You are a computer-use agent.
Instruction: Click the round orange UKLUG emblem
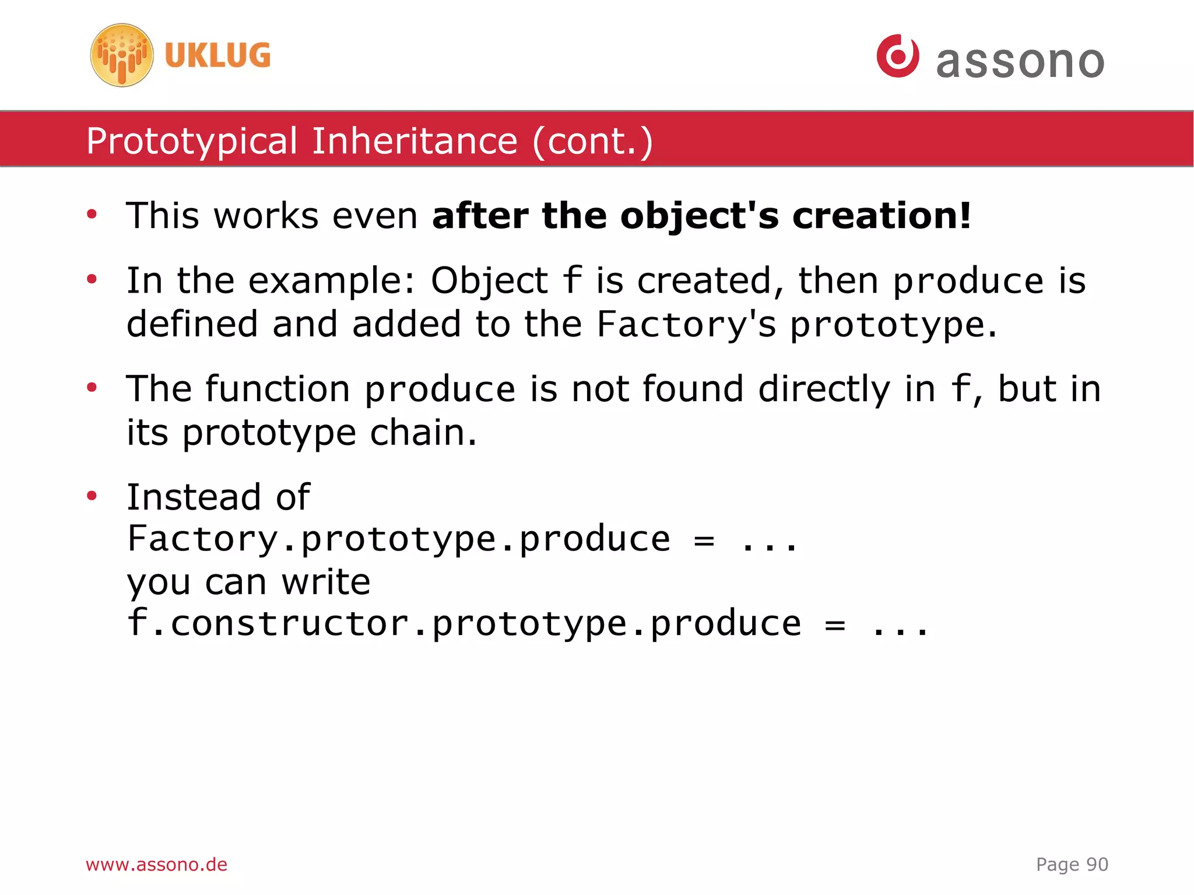[x=122, y=55]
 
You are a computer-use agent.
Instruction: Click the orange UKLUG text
[x=217, y=56]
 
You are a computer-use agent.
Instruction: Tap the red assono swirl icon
[x=898, y=56]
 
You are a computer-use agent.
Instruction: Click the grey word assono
[x=1020, y=62]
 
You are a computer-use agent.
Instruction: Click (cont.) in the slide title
[x=592, y=142]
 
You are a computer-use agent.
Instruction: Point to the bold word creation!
[x=882, y=216]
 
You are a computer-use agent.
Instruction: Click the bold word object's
[x=699, y=216]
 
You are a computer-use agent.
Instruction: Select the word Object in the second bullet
[x=489, y=281]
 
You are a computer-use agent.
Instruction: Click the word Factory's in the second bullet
[x=686, y=325]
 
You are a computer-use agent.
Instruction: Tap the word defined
[x=192, y=325]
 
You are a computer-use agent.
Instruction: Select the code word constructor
[x=290, y=624]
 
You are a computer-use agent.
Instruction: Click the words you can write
[x=248, y=582]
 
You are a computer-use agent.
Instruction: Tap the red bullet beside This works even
[x=92, y=215]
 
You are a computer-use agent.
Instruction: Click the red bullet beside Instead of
[x=92, y=496]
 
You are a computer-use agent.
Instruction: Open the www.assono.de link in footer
[x=156, y=865]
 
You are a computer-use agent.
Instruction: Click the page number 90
[x=1097, y=865]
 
